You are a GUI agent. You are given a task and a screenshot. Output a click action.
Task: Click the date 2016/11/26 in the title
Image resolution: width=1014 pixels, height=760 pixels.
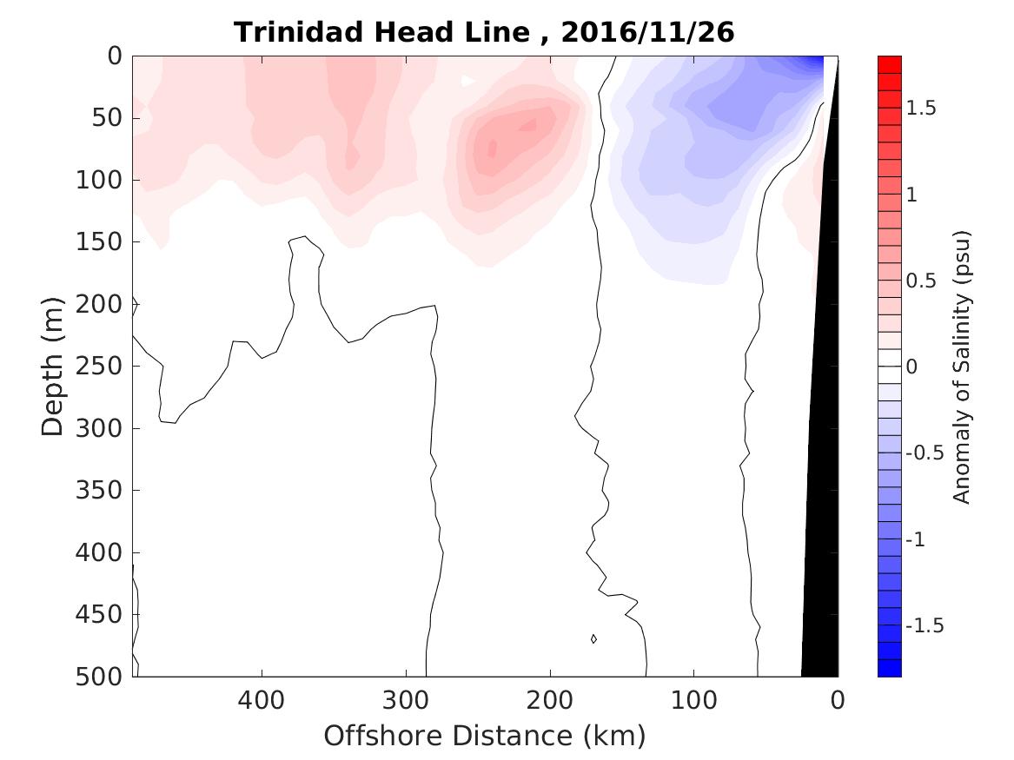[648, 32]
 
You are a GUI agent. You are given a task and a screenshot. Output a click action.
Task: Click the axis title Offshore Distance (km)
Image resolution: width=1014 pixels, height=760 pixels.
[485, 736]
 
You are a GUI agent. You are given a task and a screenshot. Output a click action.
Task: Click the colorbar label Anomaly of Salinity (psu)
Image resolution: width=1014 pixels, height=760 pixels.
[961, 367]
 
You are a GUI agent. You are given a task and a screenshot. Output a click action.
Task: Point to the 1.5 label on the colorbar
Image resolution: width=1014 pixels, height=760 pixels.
[924, 108]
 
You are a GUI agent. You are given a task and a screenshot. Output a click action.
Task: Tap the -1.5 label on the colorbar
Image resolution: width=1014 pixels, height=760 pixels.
[926, 625]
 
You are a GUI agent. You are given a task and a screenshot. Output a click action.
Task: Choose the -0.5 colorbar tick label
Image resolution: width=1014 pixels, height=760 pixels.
[926, 453]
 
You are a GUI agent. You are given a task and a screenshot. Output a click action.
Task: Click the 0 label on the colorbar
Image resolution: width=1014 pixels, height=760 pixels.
[912, 367]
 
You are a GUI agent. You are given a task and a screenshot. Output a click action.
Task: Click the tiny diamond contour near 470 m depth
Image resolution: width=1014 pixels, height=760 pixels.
[593, 639]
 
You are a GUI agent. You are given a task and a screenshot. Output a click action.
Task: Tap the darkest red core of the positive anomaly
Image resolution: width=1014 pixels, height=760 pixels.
[492, 149]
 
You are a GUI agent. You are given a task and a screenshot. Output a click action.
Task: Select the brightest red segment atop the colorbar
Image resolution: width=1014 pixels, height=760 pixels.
[889, 63]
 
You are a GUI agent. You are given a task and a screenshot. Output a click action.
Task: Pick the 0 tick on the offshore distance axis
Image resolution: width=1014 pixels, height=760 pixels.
[838, 699]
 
